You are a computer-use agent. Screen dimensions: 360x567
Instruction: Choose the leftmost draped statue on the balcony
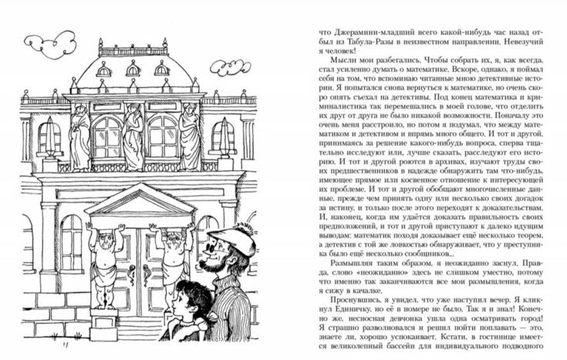coord(79,137)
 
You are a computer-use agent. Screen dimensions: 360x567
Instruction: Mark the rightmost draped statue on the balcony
coord(189,136)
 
